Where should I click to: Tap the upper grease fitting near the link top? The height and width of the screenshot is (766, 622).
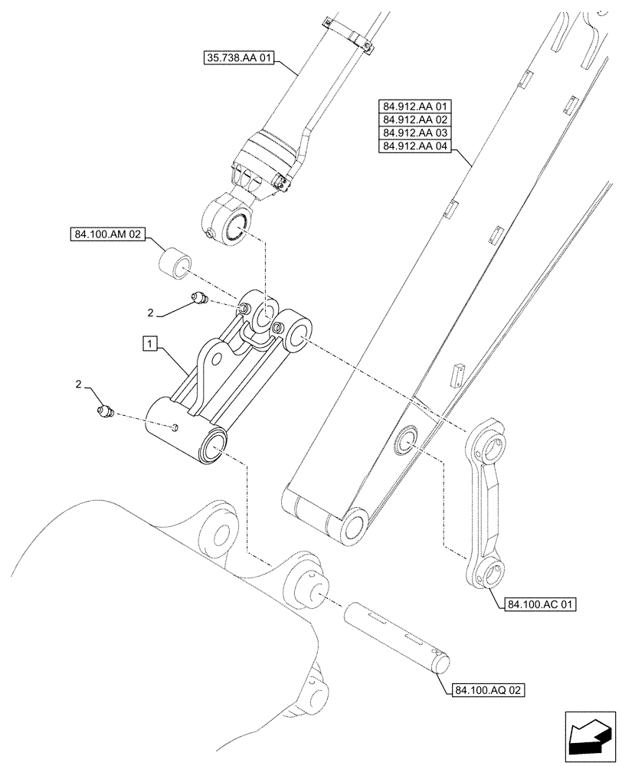[201, 299]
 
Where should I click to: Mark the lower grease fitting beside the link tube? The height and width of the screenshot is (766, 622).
[105, 413]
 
